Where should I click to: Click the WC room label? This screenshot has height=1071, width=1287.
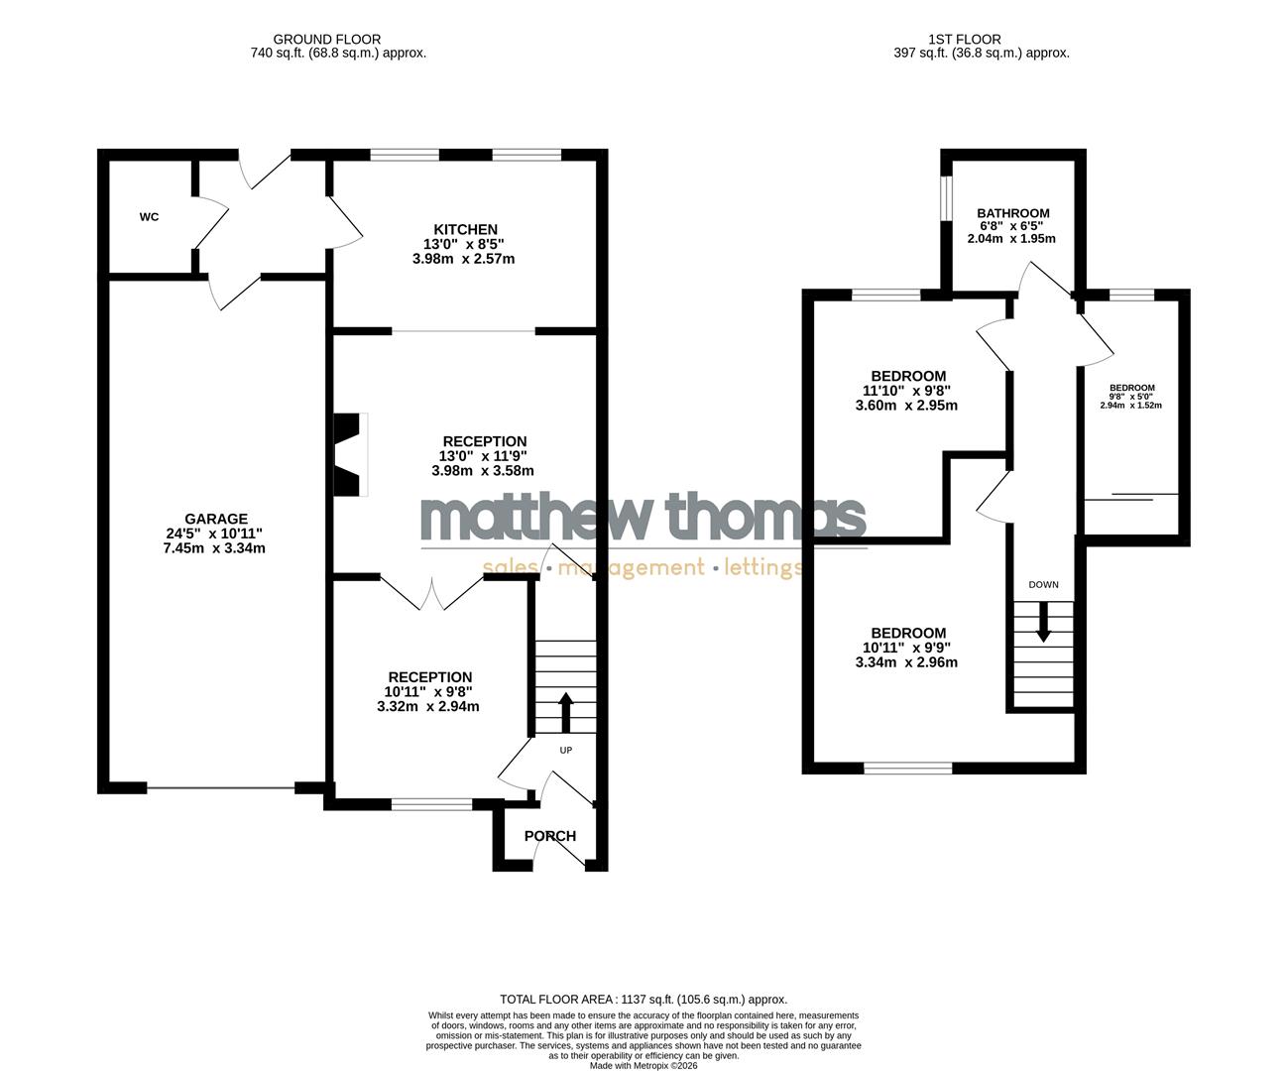[149, 217]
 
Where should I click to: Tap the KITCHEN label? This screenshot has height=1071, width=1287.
[463, 230]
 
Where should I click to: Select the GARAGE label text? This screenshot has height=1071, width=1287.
[215, 519]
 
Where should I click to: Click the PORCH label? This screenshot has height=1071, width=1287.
[550, 836]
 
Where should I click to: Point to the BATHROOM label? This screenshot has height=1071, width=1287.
[1012, 213]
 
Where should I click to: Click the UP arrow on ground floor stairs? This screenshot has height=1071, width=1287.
[565, 710]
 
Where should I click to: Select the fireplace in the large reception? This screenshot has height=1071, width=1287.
[349, 454]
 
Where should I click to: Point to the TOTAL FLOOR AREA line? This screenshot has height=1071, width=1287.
[643, 1000]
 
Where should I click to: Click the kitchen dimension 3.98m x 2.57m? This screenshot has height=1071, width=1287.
[463, 259]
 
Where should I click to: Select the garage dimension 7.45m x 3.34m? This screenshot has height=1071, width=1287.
[215, 547]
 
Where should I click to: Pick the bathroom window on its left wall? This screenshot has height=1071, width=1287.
[946, 197]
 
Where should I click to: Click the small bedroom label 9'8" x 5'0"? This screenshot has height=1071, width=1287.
[1131, 397]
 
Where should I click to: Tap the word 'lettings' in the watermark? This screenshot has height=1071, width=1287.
[763, 568]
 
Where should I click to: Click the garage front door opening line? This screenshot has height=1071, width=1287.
[221, 789]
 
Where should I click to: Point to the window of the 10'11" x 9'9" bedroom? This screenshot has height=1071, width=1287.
[907, 768]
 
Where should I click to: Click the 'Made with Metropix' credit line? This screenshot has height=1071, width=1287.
[643, 1066]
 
